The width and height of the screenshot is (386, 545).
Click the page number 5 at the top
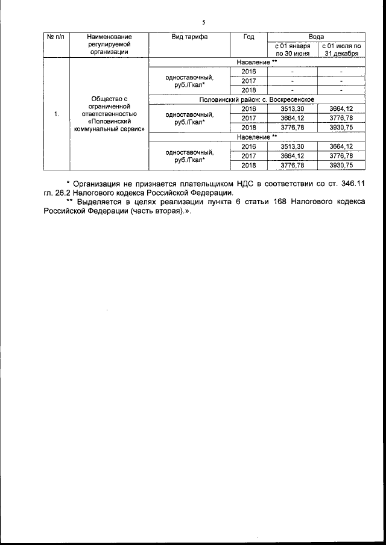pos(204,22)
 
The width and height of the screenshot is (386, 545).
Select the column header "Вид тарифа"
pos(189,37)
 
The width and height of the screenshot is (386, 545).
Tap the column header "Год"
pos(248,37)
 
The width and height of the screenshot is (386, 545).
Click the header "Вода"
pos(317,37)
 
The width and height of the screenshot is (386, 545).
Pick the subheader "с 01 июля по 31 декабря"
pos(341,49)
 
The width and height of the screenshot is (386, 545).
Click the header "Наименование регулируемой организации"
pos(109,45)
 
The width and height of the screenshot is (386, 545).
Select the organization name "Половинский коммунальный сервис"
pos(109,125)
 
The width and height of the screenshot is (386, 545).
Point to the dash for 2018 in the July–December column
pos(341,90)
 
